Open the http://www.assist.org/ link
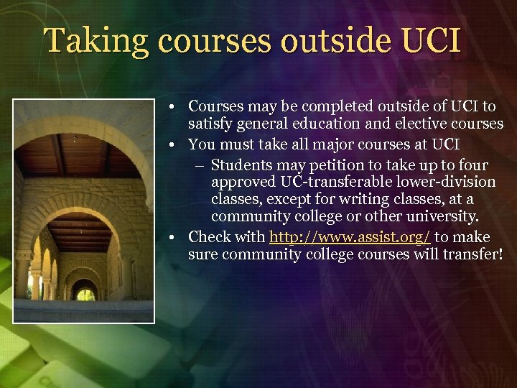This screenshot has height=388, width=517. [350, 237]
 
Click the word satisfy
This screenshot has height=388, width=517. [209, 124]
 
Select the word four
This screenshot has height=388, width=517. [472, 165]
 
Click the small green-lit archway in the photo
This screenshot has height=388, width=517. [85, 294]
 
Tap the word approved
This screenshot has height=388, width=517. [241, 182]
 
